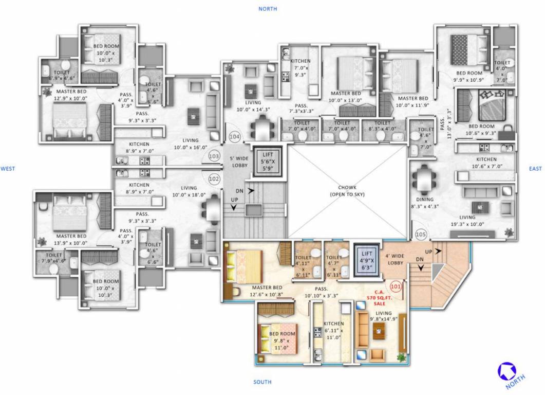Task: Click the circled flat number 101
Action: pyautogui.click(x=396, y=286)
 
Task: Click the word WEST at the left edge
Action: pyautogui.click(x=8, y=168)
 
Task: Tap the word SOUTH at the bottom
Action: pyautogui.click(x=262, y=382)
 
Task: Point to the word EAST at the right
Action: pyautogui.click(x=536, y=168)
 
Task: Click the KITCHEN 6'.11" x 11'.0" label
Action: pyautogui.click(x=333, y=331)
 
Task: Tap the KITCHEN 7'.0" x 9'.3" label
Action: pyautogui.click(x=300, y=67)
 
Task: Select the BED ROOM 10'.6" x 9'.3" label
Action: pyautogui.click(x=481, y=130)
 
